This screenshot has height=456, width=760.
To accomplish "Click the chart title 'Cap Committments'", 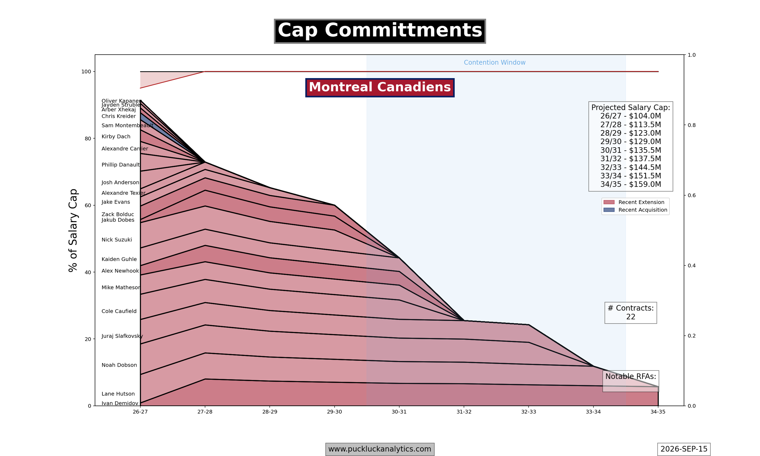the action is tap(380, 31).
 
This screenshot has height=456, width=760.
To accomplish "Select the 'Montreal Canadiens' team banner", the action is tap(380, 88).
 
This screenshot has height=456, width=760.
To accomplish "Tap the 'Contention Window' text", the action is tap(495, 63).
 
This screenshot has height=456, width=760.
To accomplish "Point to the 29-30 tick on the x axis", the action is tap(334, 412).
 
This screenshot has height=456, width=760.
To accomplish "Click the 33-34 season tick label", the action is tap(593, 412).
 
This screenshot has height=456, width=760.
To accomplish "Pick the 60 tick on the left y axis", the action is tap(88, 205).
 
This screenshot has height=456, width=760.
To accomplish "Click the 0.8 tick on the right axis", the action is tap(691, 125).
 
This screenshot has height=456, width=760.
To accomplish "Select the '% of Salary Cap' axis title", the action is tap(73, 230).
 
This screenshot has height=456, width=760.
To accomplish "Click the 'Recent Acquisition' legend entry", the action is tap(635, 210).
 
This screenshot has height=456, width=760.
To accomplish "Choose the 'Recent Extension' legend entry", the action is tap(634, 202).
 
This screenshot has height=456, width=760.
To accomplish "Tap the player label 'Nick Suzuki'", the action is tap(117, 240).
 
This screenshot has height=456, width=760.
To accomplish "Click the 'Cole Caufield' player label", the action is tap(119, 311).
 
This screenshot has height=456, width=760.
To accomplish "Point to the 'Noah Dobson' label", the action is tap(119, 365).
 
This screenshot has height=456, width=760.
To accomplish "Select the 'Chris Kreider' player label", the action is tap(118, 116).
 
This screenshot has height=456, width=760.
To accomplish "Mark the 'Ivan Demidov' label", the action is tap(120, 403).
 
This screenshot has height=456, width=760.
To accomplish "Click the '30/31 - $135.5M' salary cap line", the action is tap(631, 150).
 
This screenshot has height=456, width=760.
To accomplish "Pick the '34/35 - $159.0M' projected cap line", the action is tap(631, 184).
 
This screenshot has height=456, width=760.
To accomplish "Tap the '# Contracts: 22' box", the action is tap(631, 313).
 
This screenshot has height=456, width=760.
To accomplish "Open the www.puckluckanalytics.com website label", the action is tap(380, 449).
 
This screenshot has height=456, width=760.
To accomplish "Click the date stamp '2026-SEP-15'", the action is tap(684, 449).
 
